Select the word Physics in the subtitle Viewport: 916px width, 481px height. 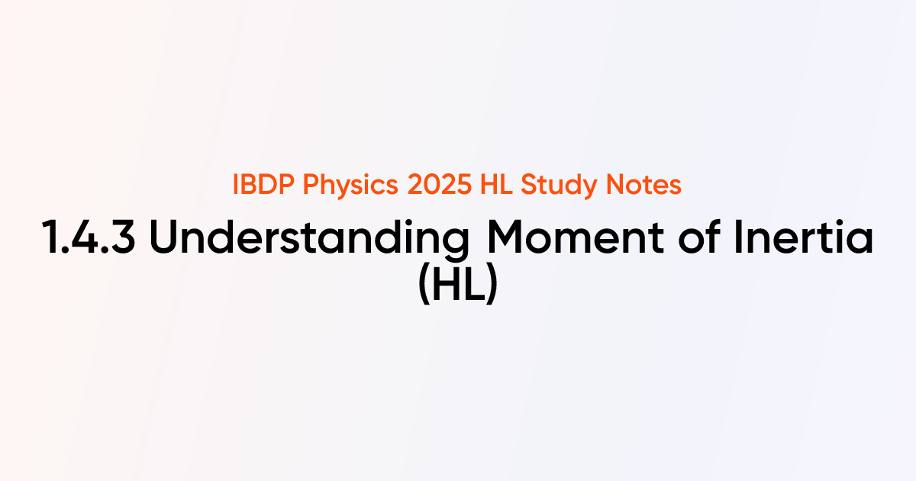click(350, 186)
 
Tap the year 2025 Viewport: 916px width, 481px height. click(440, 185)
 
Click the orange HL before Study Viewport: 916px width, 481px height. click(496, 185)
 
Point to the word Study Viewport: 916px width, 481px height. click(559, 186)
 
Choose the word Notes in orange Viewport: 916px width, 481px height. click(643, 185)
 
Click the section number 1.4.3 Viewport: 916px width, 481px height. click(89, 237)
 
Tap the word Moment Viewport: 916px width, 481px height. click(576, 237)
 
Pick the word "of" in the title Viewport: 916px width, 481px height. click(699, 237)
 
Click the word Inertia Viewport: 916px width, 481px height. click(804, 237)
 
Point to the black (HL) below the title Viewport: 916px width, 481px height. click(458, 283)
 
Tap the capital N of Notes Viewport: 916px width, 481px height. click(615, 185)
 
